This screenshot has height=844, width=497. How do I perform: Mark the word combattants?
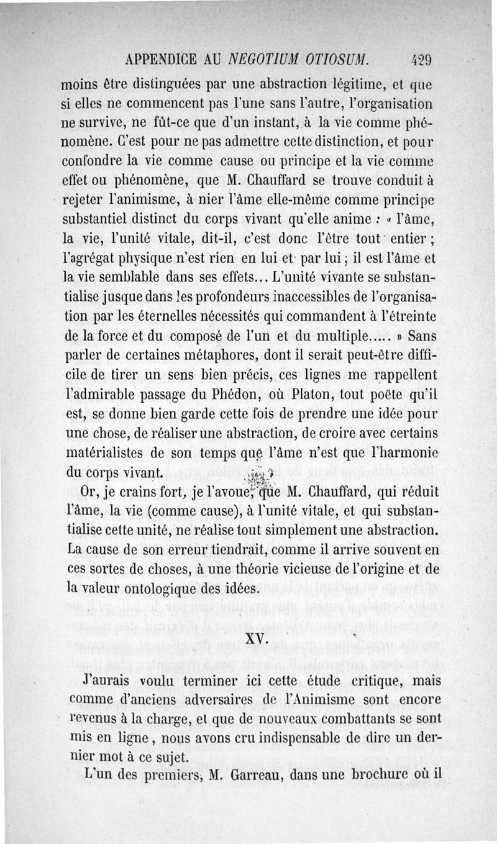click(x=335, y=718)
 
